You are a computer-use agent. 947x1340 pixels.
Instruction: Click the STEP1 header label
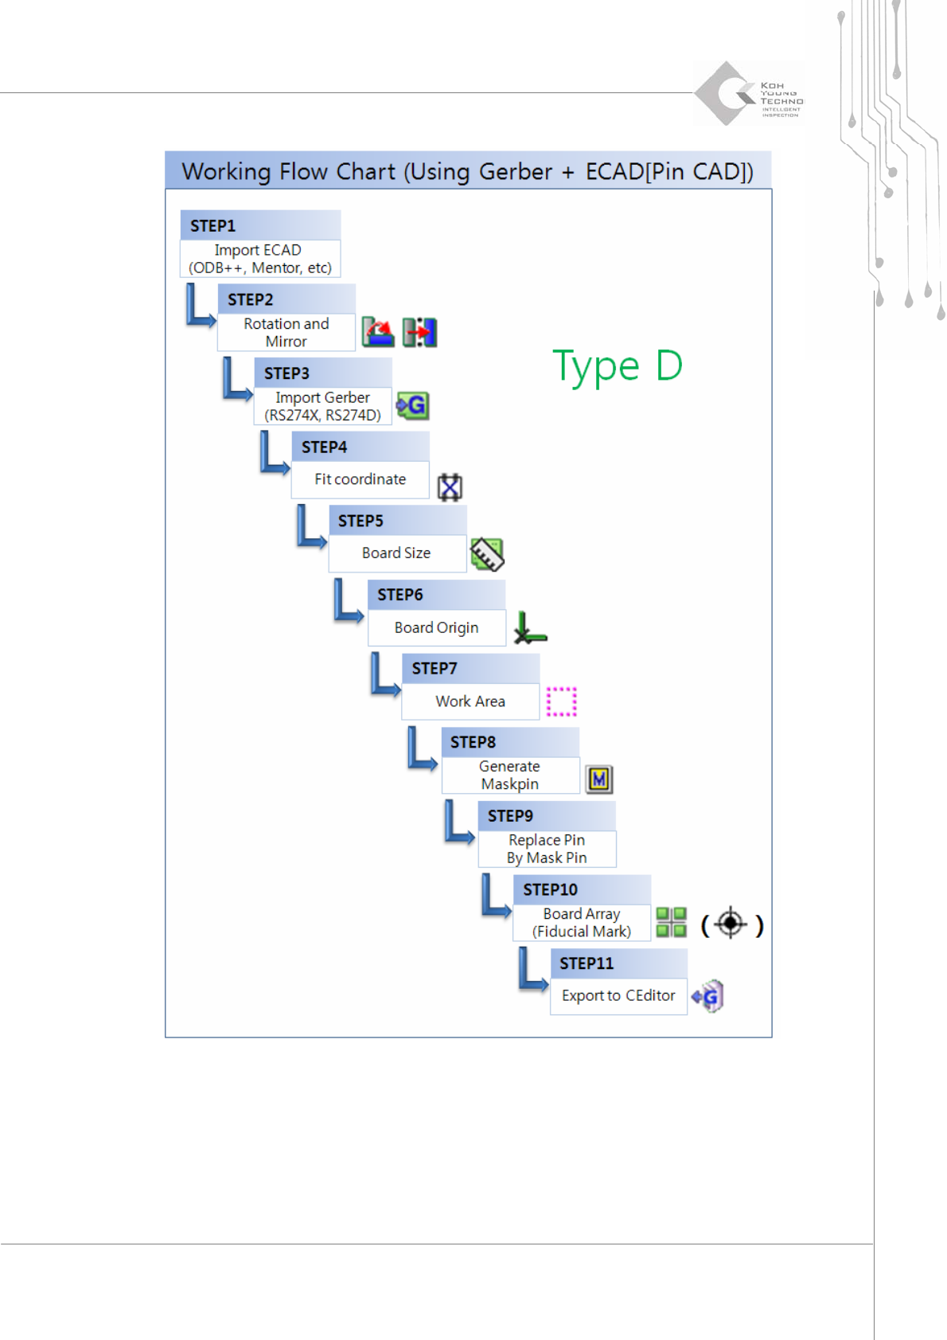click(x=213, y=226)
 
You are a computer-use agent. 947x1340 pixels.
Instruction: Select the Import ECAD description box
click(x=260, y=259)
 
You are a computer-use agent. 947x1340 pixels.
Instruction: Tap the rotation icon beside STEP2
click(x=378, y=332)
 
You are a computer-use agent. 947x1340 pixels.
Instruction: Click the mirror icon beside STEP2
click(x=419, y=332)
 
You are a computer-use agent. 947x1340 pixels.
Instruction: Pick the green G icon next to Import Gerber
click(x=413, y=406)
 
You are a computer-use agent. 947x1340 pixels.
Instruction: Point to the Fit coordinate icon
click(x=450, y=486)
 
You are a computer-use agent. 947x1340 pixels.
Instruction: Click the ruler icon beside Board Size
click(x=487, y=554)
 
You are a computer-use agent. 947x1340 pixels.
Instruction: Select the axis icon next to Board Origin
click(x=529, y=628)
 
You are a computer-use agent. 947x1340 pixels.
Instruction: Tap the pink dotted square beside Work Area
click(x=561, y=701)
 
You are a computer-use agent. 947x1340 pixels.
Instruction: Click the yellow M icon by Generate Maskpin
click(x=599, y=779)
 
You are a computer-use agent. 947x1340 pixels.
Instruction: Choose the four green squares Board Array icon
click(x=672, y=922)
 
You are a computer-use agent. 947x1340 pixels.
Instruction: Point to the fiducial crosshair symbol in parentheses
click(x=731, y=924)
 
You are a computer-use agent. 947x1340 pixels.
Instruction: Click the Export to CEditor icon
click(x=707, y=996)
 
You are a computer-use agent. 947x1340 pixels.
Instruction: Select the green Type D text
click(x=618, y=366)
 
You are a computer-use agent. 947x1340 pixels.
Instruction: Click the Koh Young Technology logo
click(x=748, y=94)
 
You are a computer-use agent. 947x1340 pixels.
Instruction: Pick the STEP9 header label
click(x=510, y=816)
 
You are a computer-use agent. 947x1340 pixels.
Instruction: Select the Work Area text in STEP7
click(x=470, y=701)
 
